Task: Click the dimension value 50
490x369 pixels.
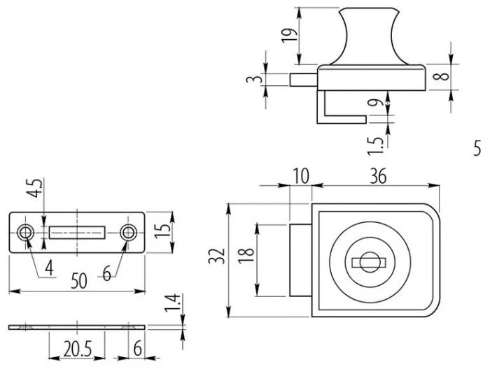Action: click(78, 281)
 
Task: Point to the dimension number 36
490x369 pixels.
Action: click(377, 178)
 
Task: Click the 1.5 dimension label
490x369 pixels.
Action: click(377, 143)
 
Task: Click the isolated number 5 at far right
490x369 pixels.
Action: click(477, 148)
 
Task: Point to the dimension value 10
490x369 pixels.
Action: click(300, 178)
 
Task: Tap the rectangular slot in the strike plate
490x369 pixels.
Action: click(78, 232)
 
